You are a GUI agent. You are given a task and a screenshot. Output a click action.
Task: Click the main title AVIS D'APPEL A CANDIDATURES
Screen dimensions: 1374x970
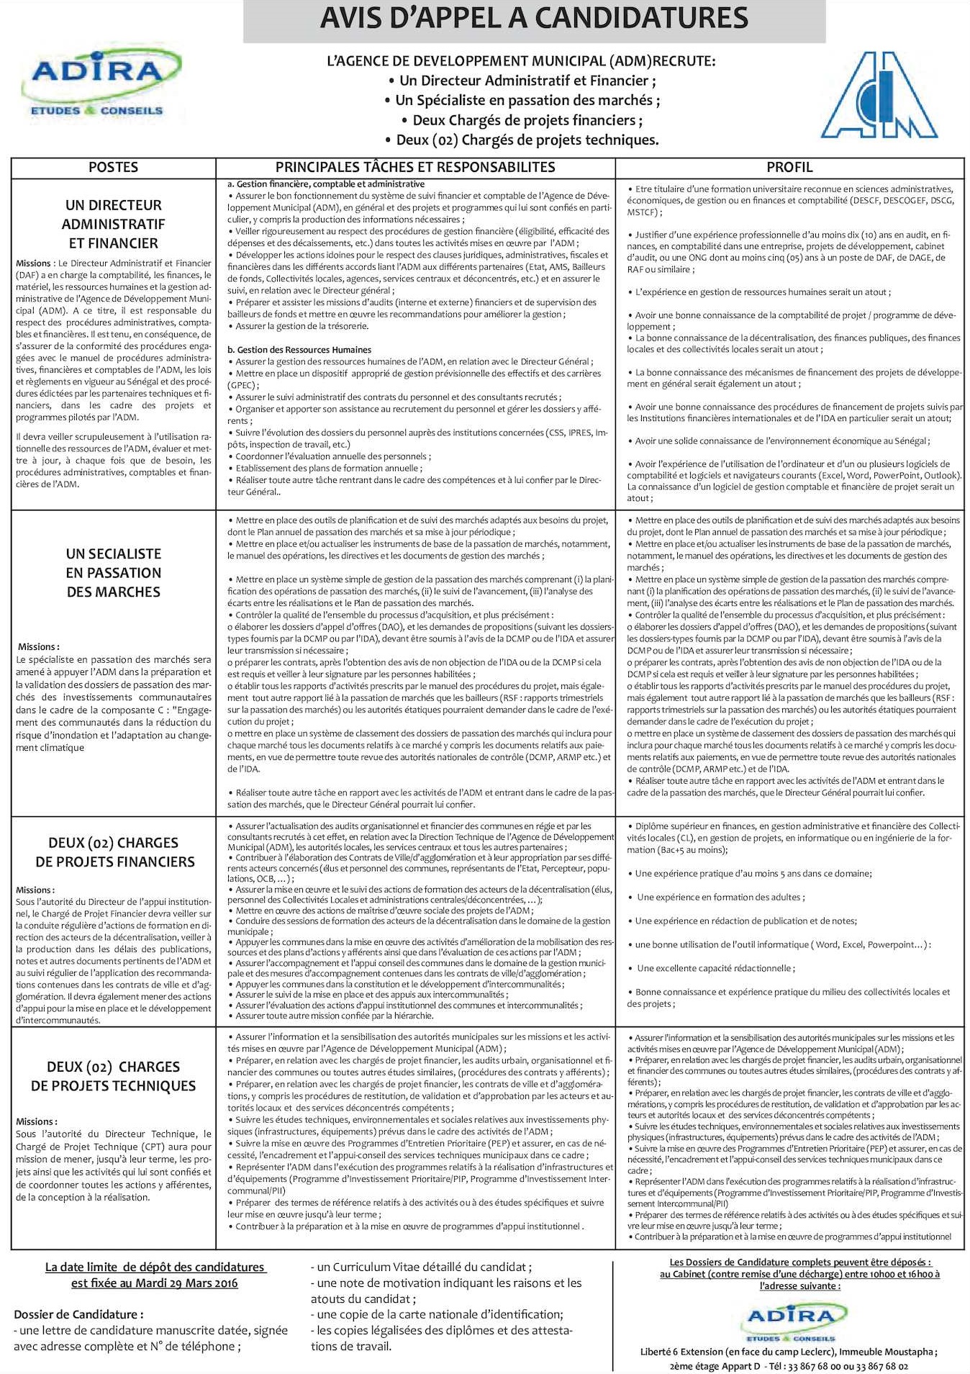pos(534,18)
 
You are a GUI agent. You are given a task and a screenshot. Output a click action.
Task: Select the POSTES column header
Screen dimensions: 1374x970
pos(113,167)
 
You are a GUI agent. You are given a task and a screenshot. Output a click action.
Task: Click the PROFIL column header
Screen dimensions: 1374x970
pos(789,167)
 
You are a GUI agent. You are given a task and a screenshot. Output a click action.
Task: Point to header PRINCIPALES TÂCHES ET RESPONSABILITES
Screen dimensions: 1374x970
pos(415,167)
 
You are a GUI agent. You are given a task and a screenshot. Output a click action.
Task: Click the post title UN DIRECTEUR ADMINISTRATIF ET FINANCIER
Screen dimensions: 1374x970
pos(113,224)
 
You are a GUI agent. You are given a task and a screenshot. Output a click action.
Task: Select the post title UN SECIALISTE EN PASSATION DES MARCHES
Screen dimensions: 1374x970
pos(113,573)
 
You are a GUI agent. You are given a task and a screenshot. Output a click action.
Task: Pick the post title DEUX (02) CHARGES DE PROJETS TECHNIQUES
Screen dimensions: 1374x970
pos(113,1076)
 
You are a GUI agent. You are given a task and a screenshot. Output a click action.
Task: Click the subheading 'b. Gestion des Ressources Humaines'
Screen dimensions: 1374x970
pos(299,350)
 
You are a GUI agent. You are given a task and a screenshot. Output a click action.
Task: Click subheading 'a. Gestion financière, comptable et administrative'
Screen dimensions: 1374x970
pos(326,184)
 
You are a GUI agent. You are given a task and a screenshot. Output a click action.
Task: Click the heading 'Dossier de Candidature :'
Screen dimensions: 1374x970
pos(78,1314)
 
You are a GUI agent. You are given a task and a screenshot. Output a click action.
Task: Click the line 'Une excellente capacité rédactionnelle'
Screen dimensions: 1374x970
pos(715,968)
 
